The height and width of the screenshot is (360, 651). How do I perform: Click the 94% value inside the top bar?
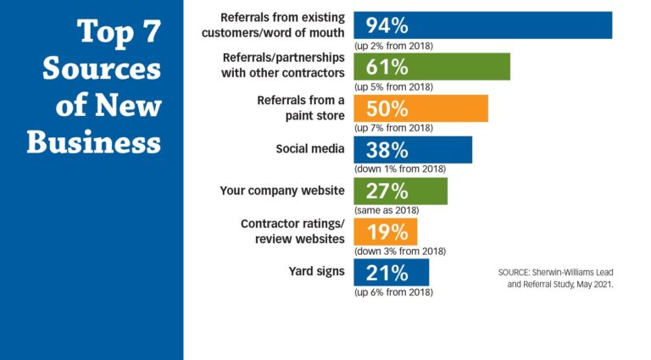point(387,25)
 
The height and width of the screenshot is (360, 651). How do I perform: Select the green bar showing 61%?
point(431,67)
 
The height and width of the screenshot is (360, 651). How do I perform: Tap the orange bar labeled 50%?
point(420,108)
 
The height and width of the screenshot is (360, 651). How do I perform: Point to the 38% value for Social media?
point(387,150)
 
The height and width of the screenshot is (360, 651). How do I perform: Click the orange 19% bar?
point(385,231)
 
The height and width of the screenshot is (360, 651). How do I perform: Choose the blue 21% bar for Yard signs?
point(391,272)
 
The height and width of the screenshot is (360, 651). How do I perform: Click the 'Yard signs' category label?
point(317,272)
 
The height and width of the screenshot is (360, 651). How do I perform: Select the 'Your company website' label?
point(281,191)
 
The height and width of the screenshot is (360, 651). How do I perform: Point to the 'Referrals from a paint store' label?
point(300,108)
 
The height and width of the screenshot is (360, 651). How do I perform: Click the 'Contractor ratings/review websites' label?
point(292,231)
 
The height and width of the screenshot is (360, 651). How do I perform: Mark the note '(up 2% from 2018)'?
point(393,46)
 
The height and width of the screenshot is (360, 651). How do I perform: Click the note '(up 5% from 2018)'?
point(393,87)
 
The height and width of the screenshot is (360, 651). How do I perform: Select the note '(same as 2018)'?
point(386,210)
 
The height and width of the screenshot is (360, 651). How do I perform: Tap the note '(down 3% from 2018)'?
point(399,252)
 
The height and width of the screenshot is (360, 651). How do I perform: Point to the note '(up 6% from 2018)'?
point(393,292)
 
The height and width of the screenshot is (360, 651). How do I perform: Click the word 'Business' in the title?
point(93,141)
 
